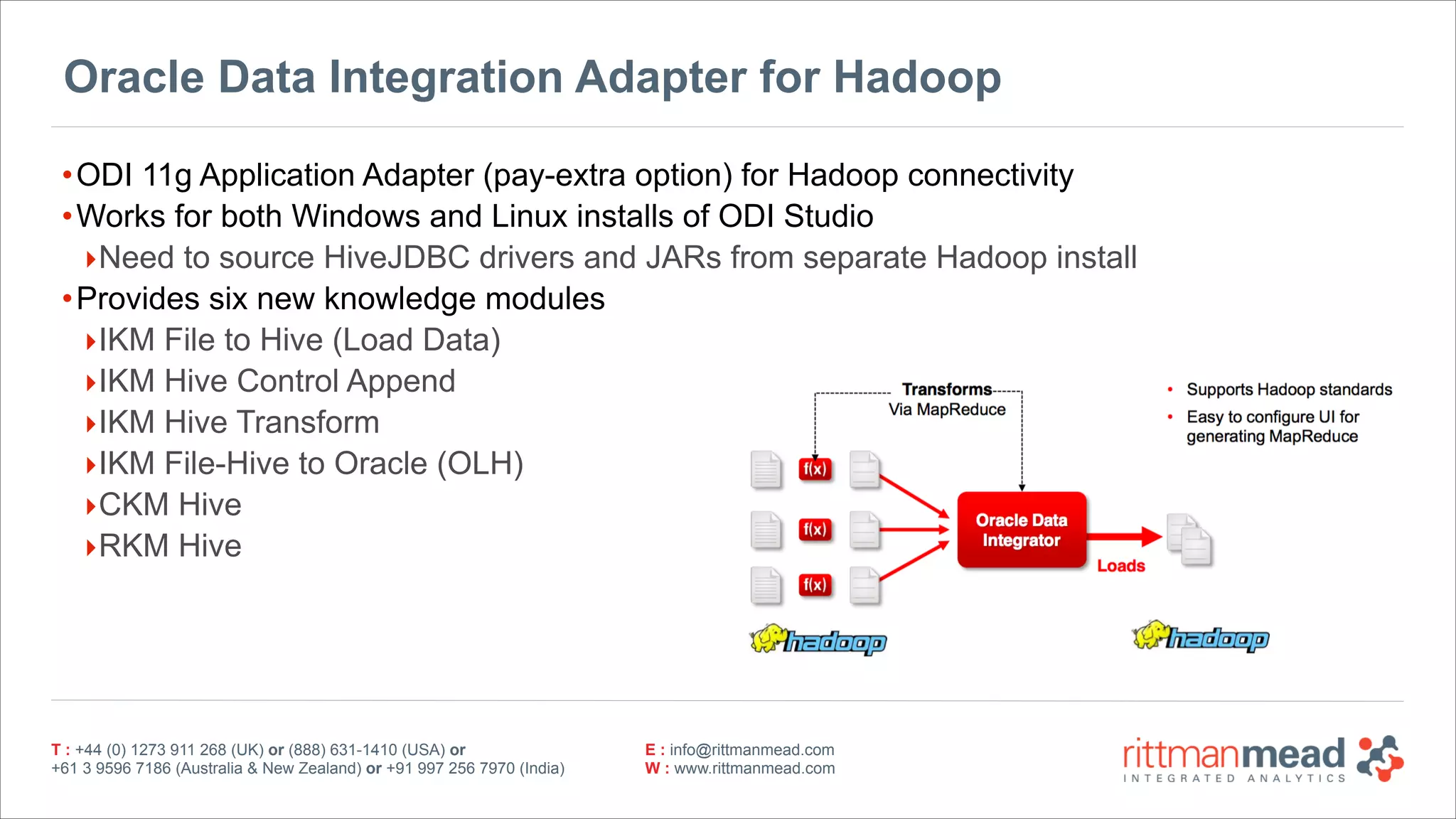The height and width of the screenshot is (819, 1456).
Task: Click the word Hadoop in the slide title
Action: point(916,77)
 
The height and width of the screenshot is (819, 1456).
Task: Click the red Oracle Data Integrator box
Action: point(1021,530)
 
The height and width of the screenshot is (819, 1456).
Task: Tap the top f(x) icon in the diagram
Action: point(815,469)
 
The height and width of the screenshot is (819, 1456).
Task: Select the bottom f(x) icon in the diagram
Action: point(815,585)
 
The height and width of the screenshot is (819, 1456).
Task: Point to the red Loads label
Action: point(1120,566)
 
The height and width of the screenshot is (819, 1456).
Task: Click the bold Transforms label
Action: point(946,390)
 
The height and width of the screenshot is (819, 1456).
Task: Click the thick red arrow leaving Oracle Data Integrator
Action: point(1123,536)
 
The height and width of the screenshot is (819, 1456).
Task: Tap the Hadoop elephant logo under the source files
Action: point(818,640)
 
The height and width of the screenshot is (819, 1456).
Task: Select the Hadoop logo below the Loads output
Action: point(1200,637)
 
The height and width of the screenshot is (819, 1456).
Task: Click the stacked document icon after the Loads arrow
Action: point(1189,540)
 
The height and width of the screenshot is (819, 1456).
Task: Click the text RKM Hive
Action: point(170,546)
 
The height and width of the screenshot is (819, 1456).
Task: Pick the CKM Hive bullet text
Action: point(170,505)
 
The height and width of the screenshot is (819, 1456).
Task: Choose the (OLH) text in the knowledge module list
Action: point(480,464)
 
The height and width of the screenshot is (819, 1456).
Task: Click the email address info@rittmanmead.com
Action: point(751,750)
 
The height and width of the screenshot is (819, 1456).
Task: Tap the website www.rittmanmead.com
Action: point(754,769)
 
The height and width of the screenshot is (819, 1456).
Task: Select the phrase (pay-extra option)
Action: point(607,176)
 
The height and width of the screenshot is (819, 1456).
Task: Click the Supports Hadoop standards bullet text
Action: point(1288,390)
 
